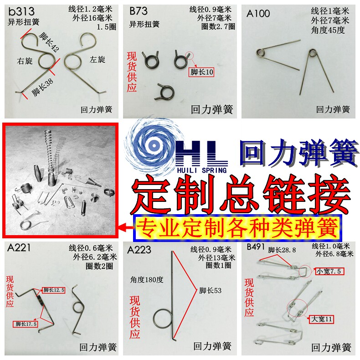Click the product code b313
pos(21,11)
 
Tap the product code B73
pos(138,11)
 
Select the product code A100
pos(258,14)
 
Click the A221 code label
pos(19,248)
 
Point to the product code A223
pos(139,250)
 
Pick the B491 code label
pos(256,247)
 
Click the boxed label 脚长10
pos(201,72)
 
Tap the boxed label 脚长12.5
pos(53,290)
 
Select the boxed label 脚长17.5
pos(25,324)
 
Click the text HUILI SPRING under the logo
pos(202,170)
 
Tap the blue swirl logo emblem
pos(154,145)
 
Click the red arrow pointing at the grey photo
pos(126,227)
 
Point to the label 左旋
pos(98,60)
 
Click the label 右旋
pos(25,61)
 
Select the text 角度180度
pos(147,280)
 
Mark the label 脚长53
pos(211,290)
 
